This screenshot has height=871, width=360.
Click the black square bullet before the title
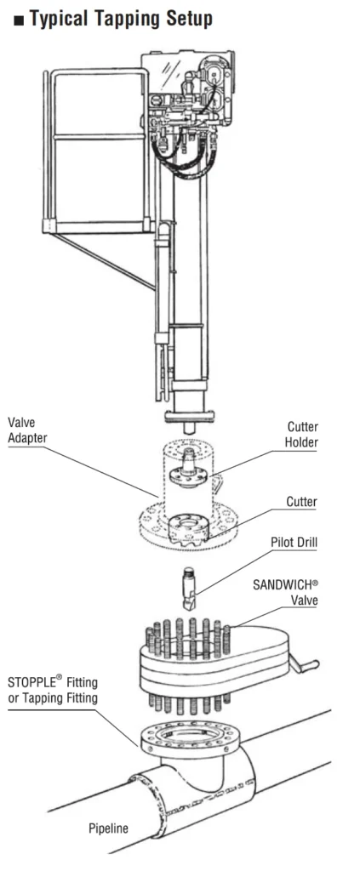(19, 20)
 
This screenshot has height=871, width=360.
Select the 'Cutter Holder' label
(301, 434)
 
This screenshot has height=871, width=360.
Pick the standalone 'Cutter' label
(301, 502)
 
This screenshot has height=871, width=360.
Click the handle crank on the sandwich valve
(306, 661)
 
